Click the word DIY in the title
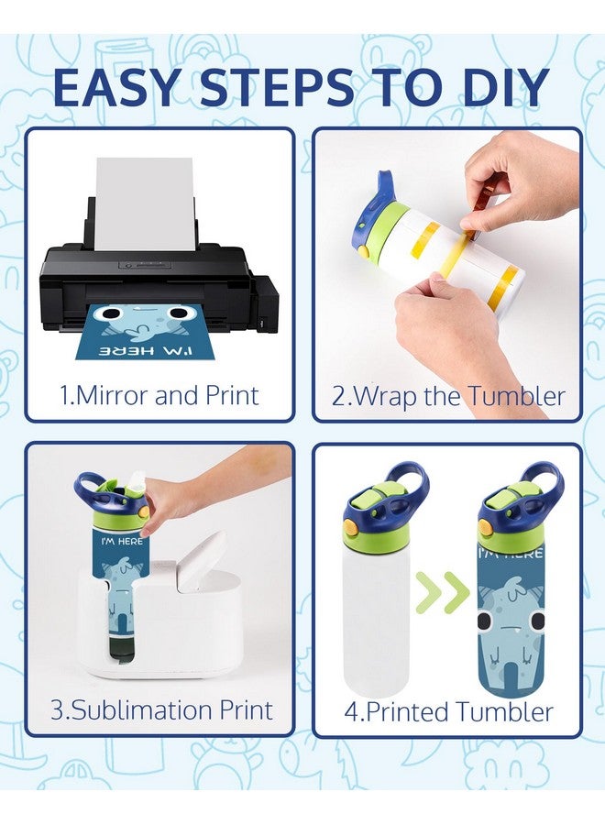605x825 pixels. point(507,86)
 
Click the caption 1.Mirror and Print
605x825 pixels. point(159,396)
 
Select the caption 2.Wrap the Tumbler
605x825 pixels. point(448,396)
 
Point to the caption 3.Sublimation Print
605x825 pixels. point(161,709)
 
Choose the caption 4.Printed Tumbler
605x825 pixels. point(448,711)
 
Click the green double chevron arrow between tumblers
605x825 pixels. point(443,592)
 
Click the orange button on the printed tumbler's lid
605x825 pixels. point(485,526)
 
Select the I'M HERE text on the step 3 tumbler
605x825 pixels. point(122,541)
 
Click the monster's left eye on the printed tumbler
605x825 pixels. point(485,621)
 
